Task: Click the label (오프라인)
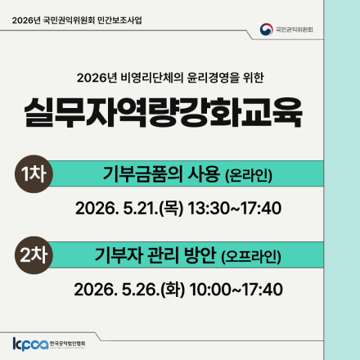click(x=251, y=256)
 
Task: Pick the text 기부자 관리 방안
click(x=155, y=255)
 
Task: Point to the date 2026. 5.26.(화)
click(x=129, y=290)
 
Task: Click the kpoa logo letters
click(x=29, y=342)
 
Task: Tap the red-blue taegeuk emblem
click(x=266, y=30)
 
